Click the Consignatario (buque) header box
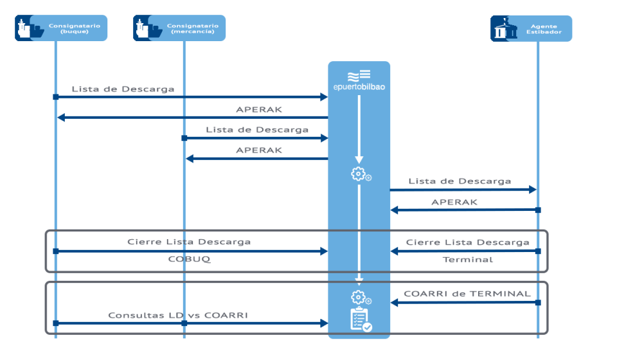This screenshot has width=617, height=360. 61,28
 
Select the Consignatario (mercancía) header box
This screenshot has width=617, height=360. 179,28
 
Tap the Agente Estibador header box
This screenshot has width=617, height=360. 531,28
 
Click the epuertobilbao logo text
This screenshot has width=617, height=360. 359,87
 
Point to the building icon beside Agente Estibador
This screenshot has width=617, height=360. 504,28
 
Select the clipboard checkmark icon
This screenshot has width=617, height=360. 360,319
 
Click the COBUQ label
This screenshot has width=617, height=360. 188,260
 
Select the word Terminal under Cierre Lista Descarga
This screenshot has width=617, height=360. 468,260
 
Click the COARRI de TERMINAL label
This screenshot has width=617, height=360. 467,294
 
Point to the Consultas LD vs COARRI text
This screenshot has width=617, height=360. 177,315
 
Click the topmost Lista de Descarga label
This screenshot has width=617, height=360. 123,89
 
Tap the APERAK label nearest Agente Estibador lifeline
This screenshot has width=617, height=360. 454,202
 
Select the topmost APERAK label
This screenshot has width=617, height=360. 258,110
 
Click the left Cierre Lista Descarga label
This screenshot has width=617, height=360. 189,242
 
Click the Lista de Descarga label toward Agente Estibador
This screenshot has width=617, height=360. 460,181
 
